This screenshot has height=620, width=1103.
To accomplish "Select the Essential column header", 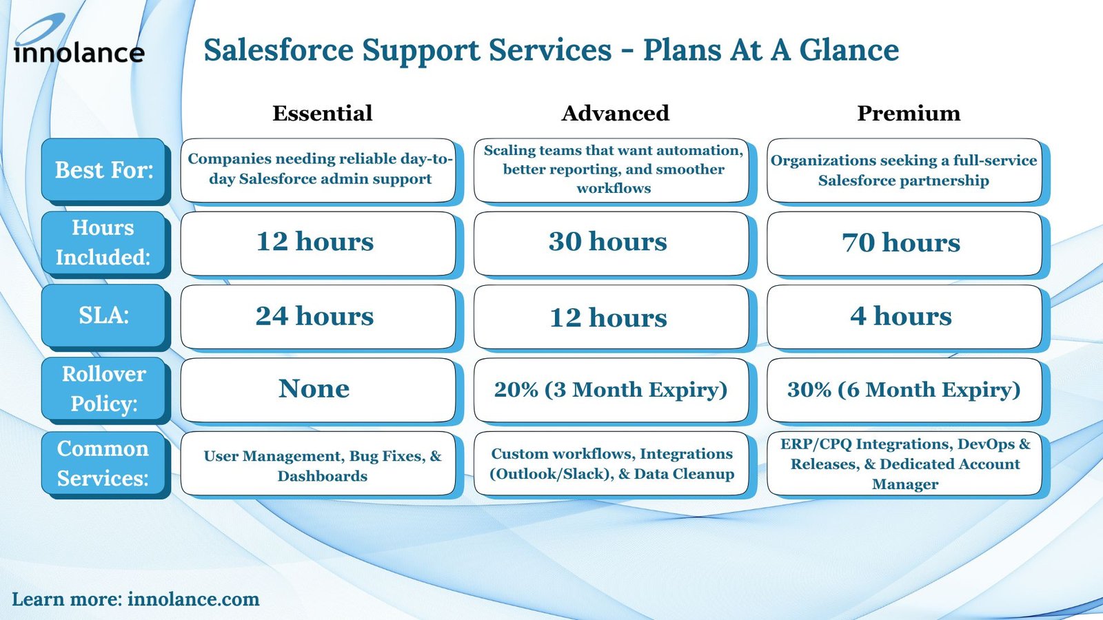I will (x=322, y=113).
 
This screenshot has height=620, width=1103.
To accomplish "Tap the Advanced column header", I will (x=615, y=113).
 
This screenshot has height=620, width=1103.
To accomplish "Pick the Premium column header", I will (x=908, y=113).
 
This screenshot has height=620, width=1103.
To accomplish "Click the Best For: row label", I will (x=103, y=170).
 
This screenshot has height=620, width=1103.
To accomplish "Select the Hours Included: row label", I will (x=103, y=242).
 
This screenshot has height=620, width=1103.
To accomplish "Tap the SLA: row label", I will (x=103, y=316).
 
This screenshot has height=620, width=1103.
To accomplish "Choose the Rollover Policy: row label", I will (x=103, y=389).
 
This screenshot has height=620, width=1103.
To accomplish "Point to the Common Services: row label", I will (x=103, y=463).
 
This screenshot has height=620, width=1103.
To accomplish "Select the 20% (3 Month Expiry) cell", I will (x=611, y=390).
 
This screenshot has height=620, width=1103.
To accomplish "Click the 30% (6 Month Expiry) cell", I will (x=904, y=390).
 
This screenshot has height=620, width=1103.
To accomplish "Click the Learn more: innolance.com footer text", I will (x=136, y=599).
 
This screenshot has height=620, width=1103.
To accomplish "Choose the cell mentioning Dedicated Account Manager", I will (x=904, y=464).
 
